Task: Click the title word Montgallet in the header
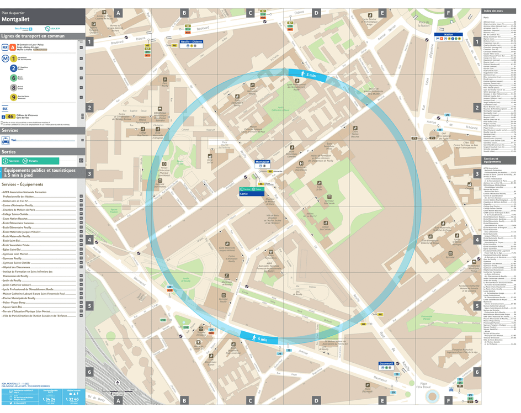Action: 15,19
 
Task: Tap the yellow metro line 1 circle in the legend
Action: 13,57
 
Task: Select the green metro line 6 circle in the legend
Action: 13,78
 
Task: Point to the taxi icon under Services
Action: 6,140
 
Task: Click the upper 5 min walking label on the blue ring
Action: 307,73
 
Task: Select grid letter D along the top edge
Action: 316,13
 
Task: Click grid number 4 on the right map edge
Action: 477,240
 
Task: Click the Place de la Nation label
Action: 424,24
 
